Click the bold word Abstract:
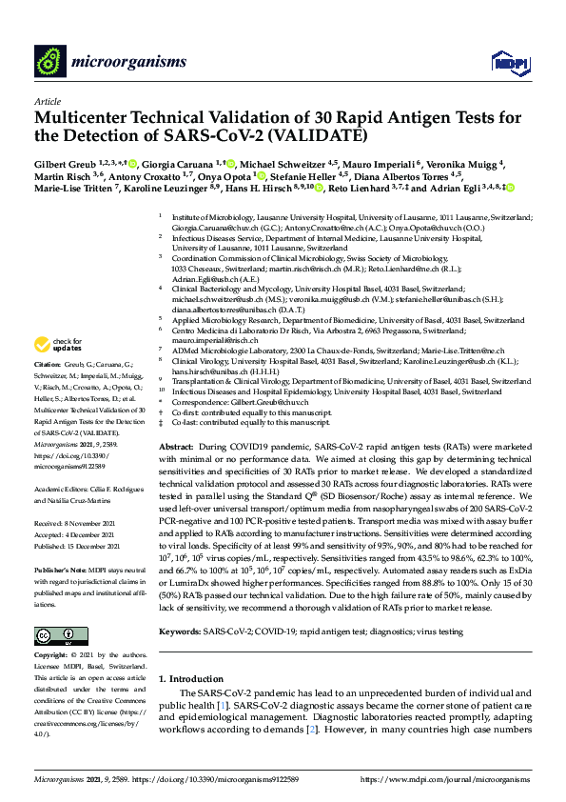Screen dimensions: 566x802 (x=176, y=446)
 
